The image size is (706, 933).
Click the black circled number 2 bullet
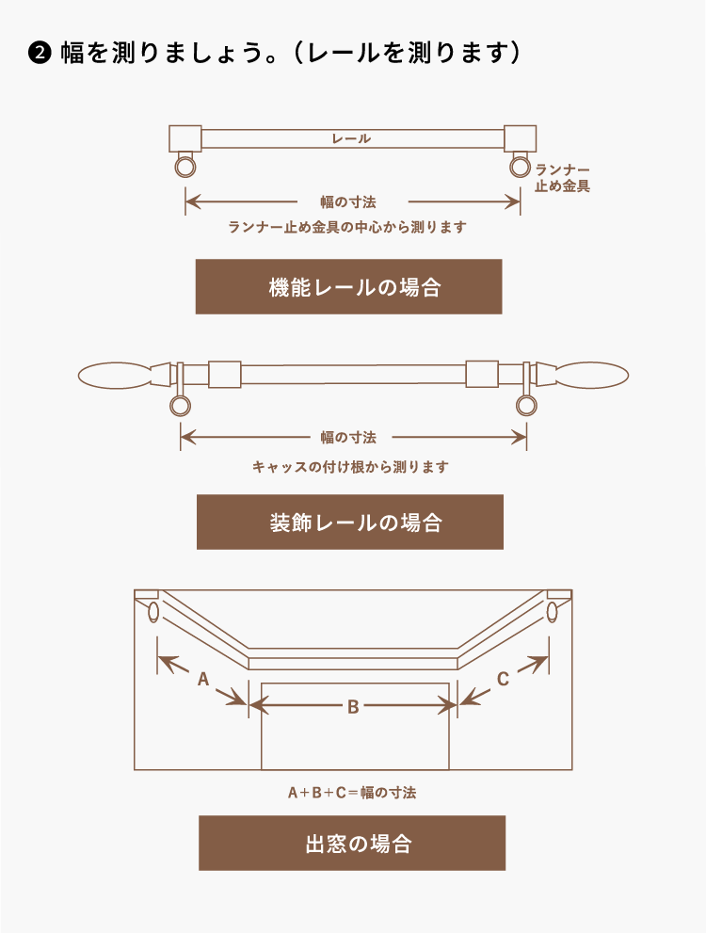point(40,54)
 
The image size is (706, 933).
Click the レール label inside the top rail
point(351,138)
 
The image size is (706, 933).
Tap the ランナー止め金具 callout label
point(562,178)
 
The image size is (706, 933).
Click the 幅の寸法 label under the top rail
point(348,202)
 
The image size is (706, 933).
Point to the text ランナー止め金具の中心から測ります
point(347,227)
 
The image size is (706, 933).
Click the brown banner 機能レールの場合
point(348,286)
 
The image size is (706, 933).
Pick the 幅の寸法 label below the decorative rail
point(348,438)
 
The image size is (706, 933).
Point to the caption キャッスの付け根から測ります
point(350,467)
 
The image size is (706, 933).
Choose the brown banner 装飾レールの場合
point(350,522)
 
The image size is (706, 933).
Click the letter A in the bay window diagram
point(203,679)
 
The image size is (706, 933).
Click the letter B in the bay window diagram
point(353,707)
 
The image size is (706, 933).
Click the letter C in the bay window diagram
point(503,679)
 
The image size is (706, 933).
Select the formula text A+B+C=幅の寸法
point(352,793)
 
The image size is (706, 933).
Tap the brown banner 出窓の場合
point(352,844)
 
